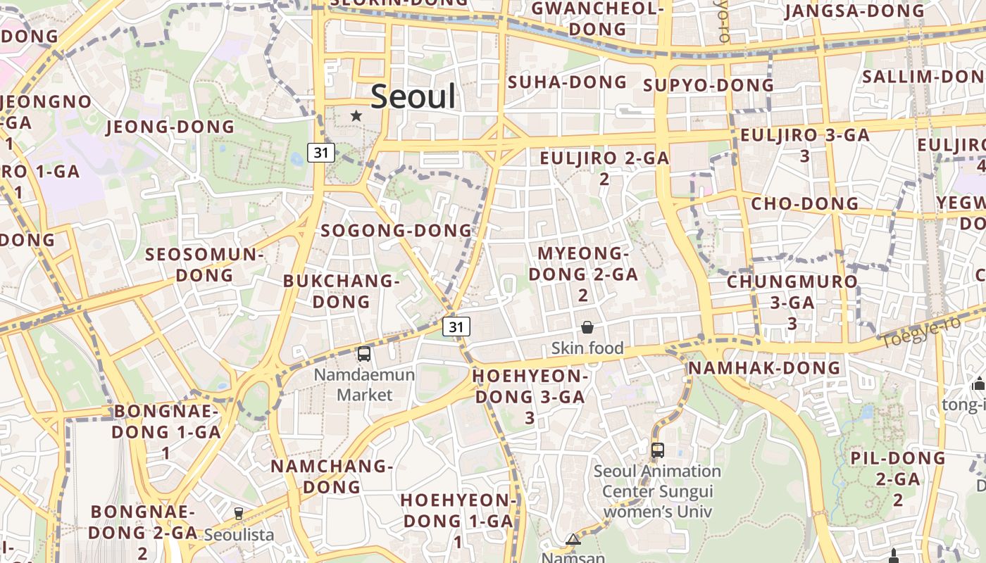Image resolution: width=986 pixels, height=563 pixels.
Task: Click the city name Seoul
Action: click(413, 96)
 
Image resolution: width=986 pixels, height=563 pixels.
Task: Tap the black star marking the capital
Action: click(356, 115)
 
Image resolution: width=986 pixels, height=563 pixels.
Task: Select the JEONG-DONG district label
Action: click(170, 127)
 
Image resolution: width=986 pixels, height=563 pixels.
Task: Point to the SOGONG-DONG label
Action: click(396, 231)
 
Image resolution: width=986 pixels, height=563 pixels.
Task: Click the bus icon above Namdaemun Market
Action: click(364, 354)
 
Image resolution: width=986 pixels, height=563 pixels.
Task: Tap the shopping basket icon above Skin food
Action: click(587, 327)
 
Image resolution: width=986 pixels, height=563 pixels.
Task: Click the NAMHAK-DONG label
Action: click(764, 368)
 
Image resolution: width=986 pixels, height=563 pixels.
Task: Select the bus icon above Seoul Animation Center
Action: click(657, 450)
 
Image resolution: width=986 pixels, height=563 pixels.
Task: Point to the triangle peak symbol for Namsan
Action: click(573, 540)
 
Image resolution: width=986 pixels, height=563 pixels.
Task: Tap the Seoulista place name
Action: click(239, 535)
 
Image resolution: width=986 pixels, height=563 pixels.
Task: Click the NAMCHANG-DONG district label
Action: click(331, 476)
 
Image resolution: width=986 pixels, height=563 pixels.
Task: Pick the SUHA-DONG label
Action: click(567, 82)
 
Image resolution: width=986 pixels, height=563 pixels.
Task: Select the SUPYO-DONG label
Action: click(709, 85)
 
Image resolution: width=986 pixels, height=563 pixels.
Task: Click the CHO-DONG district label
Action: click(805, 204)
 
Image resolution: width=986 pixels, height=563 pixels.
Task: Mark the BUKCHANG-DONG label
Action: click(341, 291)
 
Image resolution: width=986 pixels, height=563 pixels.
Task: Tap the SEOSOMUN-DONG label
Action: click(204, 264)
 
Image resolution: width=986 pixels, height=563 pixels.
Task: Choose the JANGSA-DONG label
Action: click(854, 11)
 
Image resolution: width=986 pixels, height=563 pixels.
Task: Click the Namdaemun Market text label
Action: click(364, 384)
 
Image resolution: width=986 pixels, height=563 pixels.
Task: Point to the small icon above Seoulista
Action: click(239, 514)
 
